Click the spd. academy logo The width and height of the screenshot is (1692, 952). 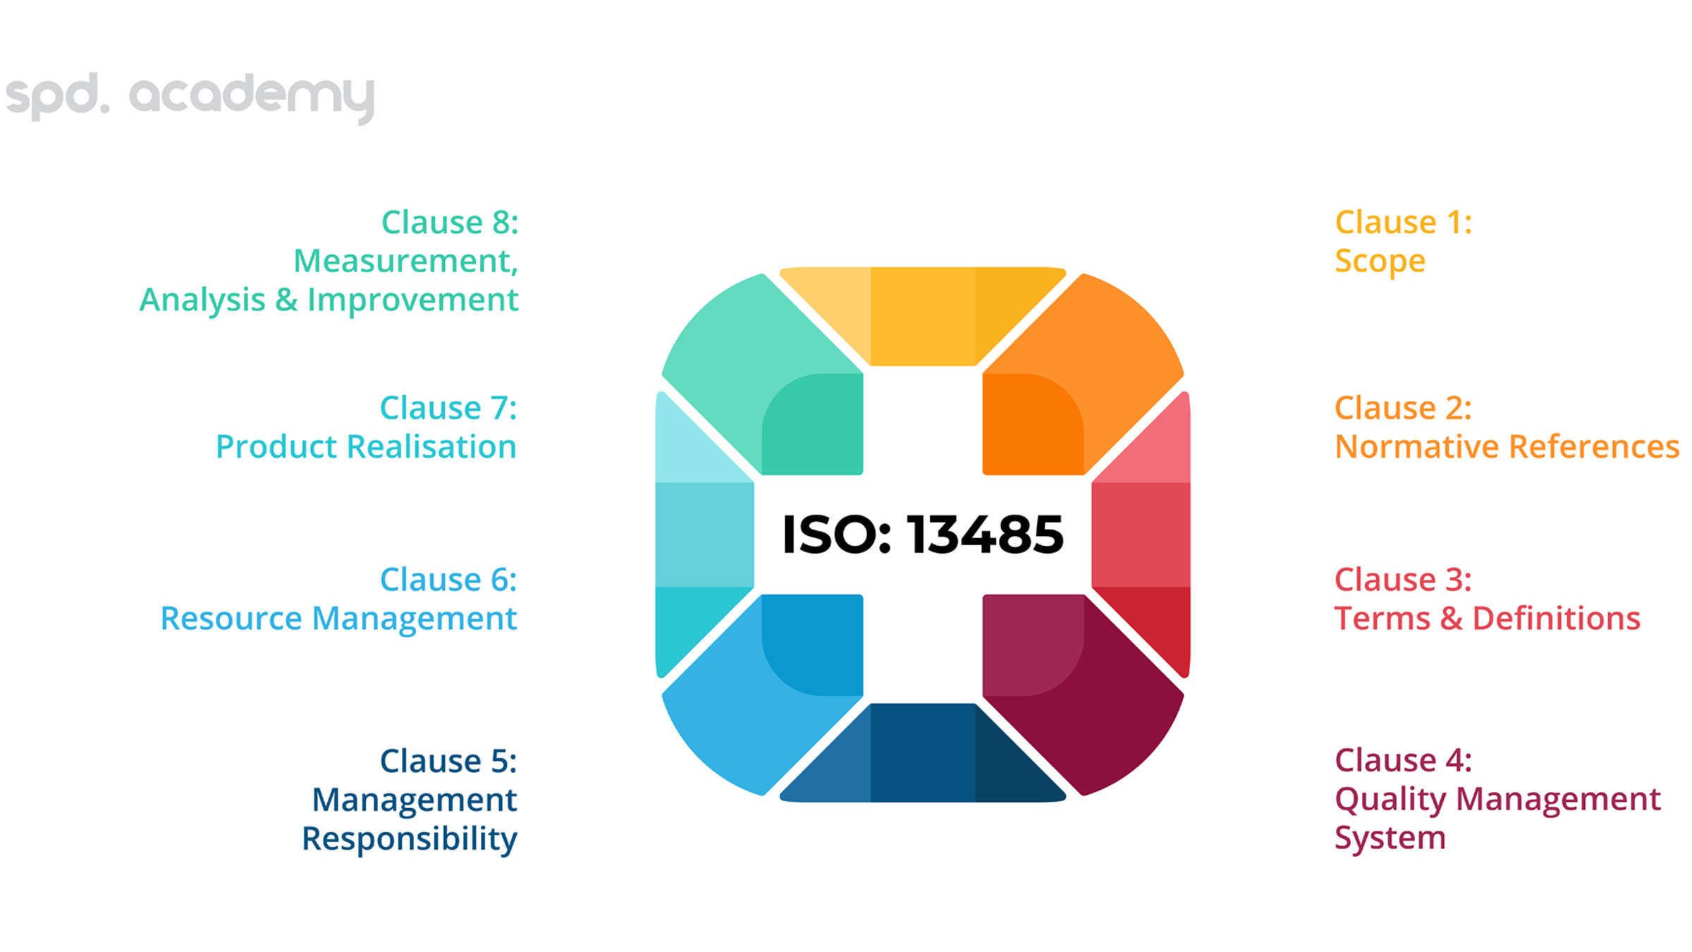190,97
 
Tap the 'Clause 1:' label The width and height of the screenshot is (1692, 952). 1403,222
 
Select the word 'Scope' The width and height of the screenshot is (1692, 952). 1380,262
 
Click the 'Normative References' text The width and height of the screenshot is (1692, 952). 1507,446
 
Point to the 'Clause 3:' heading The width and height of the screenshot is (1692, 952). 1403,580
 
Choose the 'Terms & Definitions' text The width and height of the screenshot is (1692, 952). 1488,618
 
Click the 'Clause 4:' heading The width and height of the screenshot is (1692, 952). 1403,760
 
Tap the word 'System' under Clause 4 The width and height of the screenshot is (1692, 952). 1390,838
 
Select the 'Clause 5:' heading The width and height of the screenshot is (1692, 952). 448,761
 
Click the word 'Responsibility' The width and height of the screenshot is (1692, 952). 410,839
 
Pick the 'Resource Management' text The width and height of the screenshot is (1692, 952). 338,619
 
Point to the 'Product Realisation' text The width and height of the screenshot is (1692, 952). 366,446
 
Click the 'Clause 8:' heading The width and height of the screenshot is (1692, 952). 450,222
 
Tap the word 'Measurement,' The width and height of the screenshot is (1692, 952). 406,262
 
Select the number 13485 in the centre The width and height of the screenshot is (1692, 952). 985,535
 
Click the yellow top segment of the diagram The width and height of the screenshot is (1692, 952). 923,316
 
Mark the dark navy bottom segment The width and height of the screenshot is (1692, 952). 923,752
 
